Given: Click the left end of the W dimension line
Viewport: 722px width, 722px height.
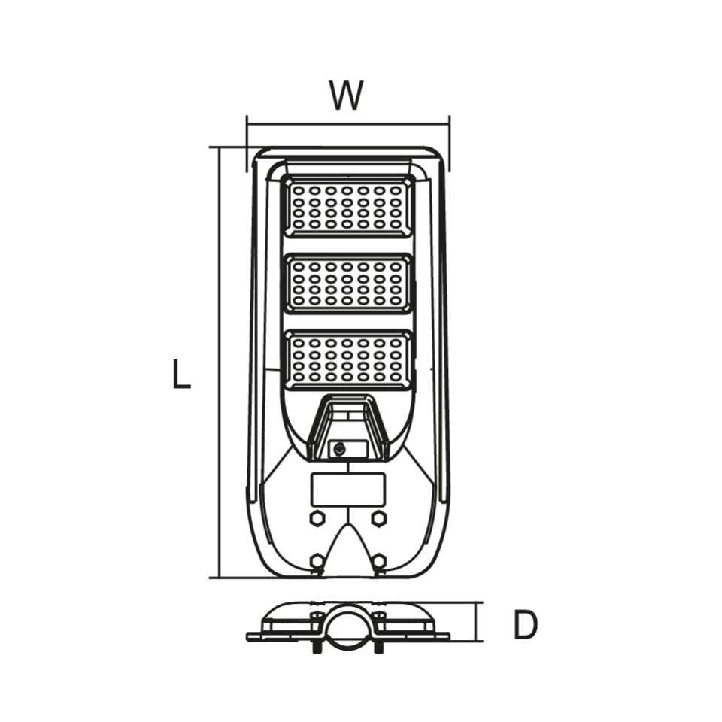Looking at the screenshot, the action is click(x=247, y=124).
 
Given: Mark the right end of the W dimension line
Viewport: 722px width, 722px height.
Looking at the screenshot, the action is click(x=449, y=124).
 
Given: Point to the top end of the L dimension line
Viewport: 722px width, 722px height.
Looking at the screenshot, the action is click(x=220, y=148).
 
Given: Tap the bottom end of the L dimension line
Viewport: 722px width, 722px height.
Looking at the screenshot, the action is click(x=220, y=578).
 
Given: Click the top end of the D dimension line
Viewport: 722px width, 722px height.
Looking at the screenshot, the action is click(x=477, y=602).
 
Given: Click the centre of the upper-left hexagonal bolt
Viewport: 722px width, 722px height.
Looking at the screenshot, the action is click(x=317, y=518).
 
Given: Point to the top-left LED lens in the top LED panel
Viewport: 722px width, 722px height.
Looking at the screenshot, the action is click(x=299, y=190).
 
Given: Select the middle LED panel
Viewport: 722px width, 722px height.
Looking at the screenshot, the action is click(x=347, y=283).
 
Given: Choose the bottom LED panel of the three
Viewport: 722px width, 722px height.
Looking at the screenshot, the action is click(x=347, y=359).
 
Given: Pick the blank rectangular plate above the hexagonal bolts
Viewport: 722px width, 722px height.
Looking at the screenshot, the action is click(x=348, y=490).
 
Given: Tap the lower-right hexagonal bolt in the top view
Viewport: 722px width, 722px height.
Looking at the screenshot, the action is click(x=378, y=560).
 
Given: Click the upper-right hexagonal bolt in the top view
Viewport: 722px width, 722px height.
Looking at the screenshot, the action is click(x=378, y=518).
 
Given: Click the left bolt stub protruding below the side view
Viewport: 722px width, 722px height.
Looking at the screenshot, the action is click(x=317, y=647).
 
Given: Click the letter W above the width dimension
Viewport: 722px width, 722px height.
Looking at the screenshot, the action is click(x=346, y=96).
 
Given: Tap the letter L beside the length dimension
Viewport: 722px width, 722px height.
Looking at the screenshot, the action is click(x=181, y=374).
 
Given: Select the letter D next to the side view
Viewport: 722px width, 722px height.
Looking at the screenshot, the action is click(x=526, y=625).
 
